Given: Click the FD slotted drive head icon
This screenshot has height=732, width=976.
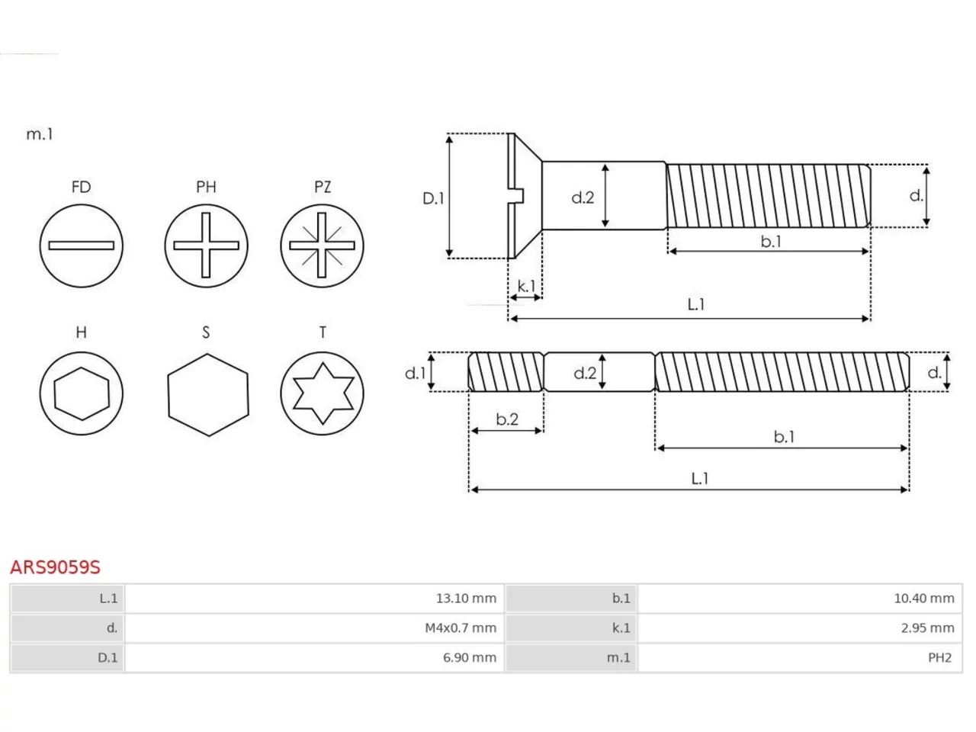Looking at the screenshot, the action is [x=81, y=246].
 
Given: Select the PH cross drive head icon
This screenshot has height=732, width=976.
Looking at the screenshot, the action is [x=206, y=246].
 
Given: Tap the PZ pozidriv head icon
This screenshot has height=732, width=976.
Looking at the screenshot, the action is [x=322, y=246].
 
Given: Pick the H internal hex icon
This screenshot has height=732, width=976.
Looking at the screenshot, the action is [x=81, y=393].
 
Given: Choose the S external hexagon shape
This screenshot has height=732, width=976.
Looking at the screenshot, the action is [x=207, y=395].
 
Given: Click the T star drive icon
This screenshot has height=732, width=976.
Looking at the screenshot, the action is [x=322, y=393].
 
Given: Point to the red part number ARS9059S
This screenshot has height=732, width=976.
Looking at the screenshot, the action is [x=55, y=567].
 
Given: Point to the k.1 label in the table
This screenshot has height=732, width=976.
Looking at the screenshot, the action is [x=621, y=628].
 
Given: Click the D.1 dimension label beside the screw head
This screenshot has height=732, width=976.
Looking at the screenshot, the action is [x=433, y=198].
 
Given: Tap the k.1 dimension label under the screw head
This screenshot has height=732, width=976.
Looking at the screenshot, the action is [x=526, y=286].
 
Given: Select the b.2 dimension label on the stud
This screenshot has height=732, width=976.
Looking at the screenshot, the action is [x=507, y=419].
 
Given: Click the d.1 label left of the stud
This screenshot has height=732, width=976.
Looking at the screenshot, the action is [x=416, y=373].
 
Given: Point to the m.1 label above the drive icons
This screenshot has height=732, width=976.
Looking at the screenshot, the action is [x=40, y=133].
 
